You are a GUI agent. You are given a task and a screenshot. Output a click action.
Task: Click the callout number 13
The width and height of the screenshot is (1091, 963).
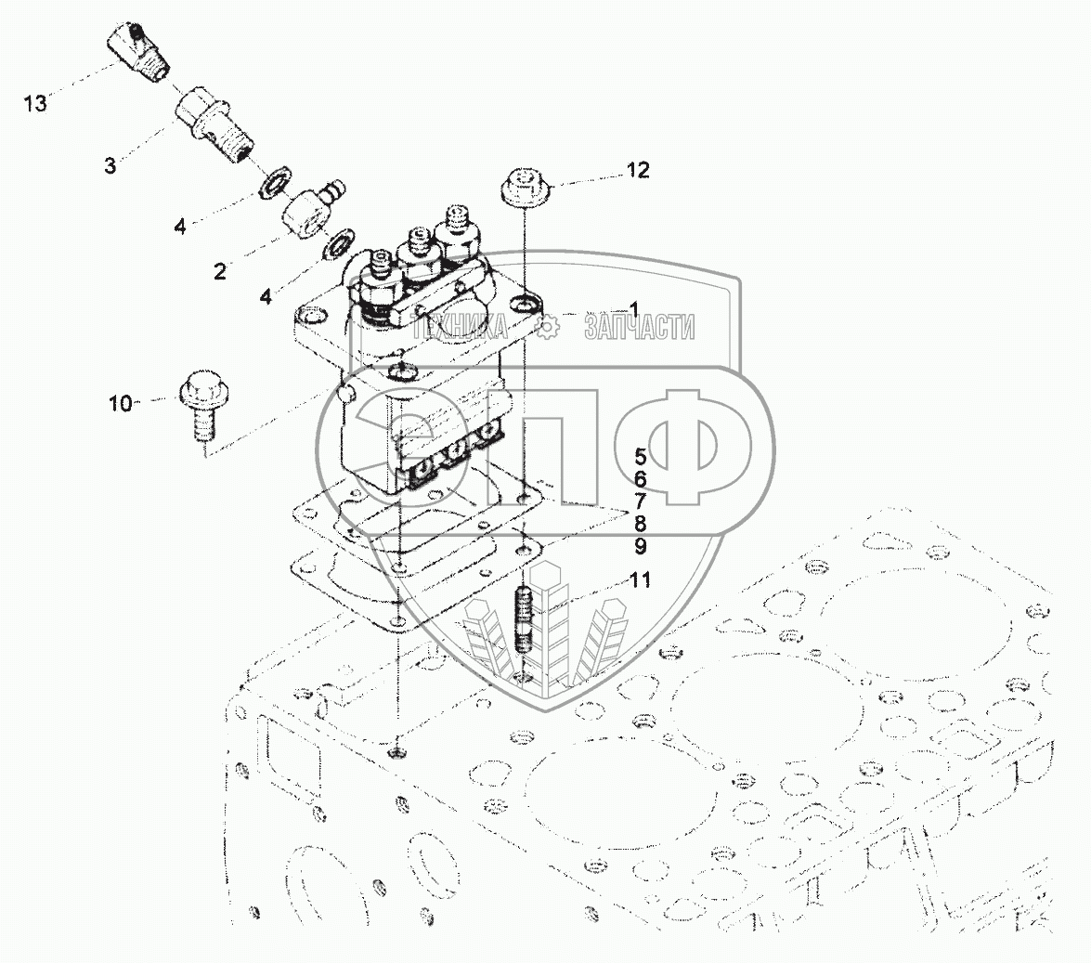pyautogui.click(x=35, y=104)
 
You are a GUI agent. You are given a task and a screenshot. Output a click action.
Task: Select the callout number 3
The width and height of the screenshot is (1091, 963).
pyautogui.click(x=110, y=166)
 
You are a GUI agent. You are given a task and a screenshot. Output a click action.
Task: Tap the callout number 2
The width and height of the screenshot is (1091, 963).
pyautogui.click(x=220, y=271)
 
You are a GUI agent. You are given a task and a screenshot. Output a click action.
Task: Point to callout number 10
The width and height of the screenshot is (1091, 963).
pyautogui.click(x=121, y=403)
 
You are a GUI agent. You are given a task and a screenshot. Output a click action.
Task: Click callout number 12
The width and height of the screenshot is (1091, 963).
pyautogui.click(x=638, y=170)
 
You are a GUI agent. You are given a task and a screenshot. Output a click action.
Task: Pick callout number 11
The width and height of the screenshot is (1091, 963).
pyautogui.click(x=641, y=580)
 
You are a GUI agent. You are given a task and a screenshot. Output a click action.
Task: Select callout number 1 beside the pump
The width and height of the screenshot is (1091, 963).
pyautogui.click(x=634, y=308)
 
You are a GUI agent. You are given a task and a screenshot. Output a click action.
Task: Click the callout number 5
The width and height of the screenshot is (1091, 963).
pyautogui.click(x=641, y=456)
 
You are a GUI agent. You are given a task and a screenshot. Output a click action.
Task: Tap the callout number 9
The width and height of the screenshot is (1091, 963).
pyautogui.click(x=641, y=545)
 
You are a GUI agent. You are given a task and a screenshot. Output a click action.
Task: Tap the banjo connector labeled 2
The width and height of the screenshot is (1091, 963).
pyautogui.click(x=305, y=206)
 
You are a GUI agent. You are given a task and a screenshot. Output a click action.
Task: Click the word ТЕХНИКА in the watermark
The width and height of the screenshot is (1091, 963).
pyautogui.click(x=460, y=326)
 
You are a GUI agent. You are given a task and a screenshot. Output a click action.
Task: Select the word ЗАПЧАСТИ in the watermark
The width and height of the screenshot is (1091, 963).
pyautogui.click(x=640, y=326)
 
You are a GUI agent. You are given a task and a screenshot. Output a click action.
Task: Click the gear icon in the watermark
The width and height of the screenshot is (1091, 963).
pyautogui.click(x=547, y=326)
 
